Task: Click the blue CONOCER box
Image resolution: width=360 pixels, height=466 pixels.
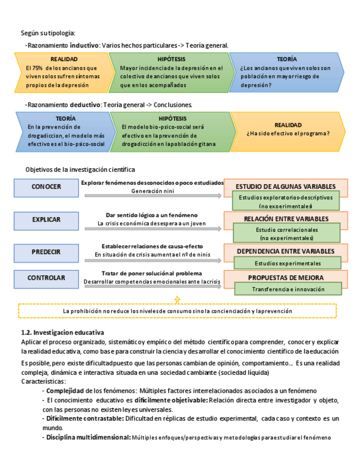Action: [46, 187]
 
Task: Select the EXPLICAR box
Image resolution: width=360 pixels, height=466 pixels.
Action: [46, 219]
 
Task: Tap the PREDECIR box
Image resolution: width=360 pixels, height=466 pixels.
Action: [46, 252]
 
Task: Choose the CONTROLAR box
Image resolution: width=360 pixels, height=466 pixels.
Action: [46, 278]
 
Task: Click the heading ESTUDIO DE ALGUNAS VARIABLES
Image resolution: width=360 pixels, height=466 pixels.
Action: [285, 186]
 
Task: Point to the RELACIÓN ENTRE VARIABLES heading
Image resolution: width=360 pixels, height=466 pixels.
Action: [285, 219]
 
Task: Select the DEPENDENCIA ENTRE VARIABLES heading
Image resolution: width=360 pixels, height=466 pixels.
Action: [285, 251]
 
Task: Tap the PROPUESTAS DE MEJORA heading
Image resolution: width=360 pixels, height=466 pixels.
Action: [285, 278]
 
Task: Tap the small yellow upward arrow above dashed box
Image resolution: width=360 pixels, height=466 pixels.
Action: [177, 299]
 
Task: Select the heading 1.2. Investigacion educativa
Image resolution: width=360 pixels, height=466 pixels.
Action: [62, 332]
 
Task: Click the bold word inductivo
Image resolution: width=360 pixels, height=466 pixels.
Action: [84, 45]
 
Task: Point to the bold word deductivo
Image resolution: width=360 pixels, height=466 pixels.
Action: [85, 104]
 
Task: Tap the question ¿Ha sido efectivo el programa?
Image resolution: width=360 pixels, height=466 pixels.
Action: [288, 133]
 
